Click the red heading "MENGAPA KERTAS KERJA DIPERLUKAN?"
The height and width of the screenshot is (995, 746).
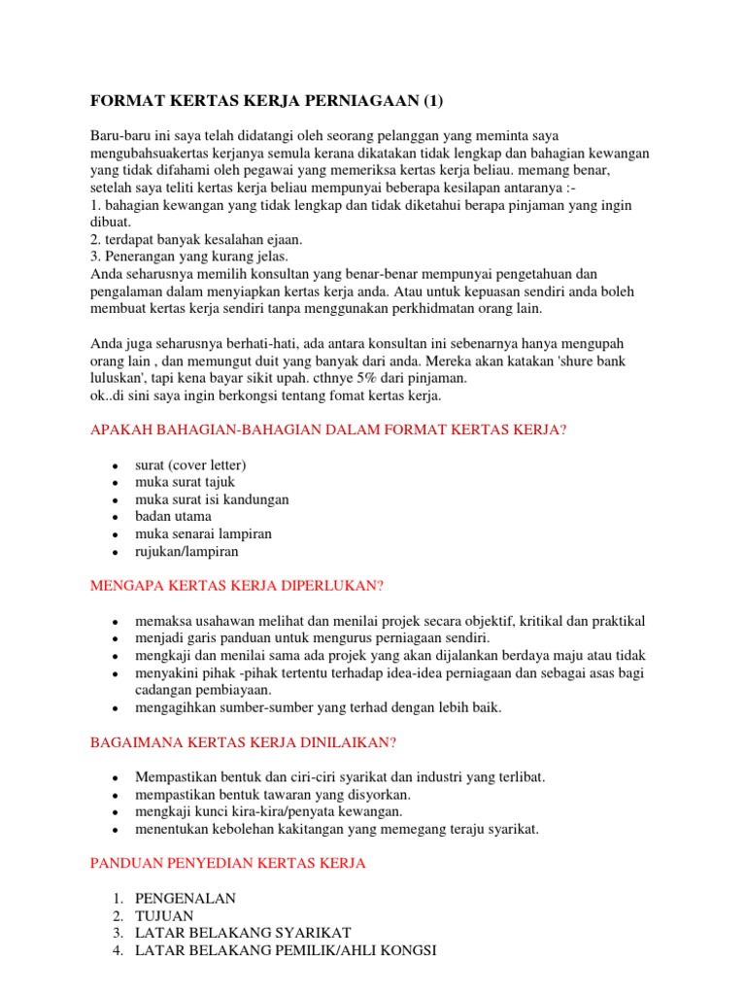pos(237,586)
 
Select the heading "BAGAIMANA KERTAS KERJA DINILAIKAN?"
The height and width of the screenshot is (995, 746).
pos(243,742)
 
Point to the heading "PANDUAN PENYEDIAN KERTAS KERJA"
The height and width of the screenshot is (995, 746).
pos(227,863)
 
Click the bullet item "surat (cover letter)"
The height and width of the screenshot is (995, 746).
pos(190,463)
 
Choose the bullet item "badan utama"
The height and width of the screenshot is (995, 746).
pos(173,516)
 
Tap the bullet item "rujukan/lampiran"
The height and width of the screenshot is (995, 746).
pos(186,551)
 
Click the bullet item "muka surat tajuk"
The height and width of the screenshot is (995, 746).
pos(185,481)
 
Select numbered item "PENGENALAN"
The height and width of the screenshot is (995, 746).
pos(185,898)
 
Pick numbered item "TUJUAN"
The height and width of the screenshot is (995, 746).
pos(164,915)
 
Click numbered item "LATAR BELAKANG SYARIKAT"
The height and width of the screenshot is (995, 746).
pos(243,933)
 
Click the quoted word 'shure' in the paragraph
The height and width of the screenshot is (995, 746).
pos(567,360)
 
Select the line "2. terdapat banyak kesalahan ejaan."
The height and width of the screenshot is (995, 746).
pos(197,239)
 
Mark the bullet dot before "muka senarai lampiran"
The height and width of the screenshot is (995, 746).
pos(115,535)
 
